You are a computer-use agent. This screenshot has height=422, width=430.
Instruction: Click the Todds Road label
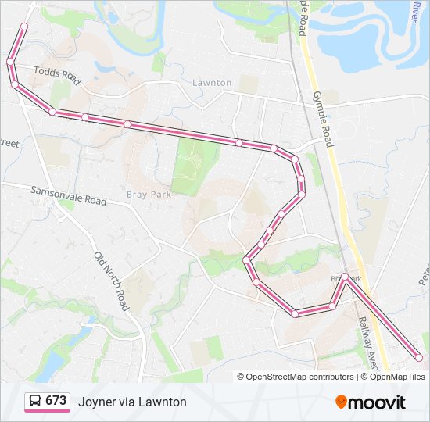pos(57,74)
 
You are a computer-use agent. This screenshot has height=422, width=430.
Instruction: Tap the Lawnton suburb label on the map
pos(212,82)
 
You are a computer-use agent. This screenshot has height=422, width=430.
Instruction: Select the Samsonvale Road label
pos(69,195)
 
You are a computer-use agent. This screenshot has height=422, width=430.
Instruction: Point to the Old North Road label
pos(111,281)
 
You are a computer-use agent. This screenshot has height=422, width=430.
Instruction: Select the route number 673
pos(56,401)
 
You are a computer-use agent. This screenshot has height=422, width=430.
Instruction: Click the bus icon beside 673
pos(34,402)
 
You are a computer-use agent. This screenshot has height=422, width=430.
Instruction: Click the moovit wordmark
pos(378,402)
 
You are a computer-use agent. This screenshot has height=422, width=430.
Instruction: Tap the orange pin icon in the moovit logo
pos(341,402)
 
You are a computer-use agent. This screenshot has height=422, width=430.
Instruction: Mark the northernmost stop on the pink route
pos(23,27)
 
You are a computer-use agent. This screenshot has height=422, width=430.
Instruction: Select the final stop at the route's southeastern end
pos(419,358)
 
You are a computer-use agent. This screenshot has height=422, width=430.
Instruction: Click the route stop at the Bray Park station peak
pos(344,277)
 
